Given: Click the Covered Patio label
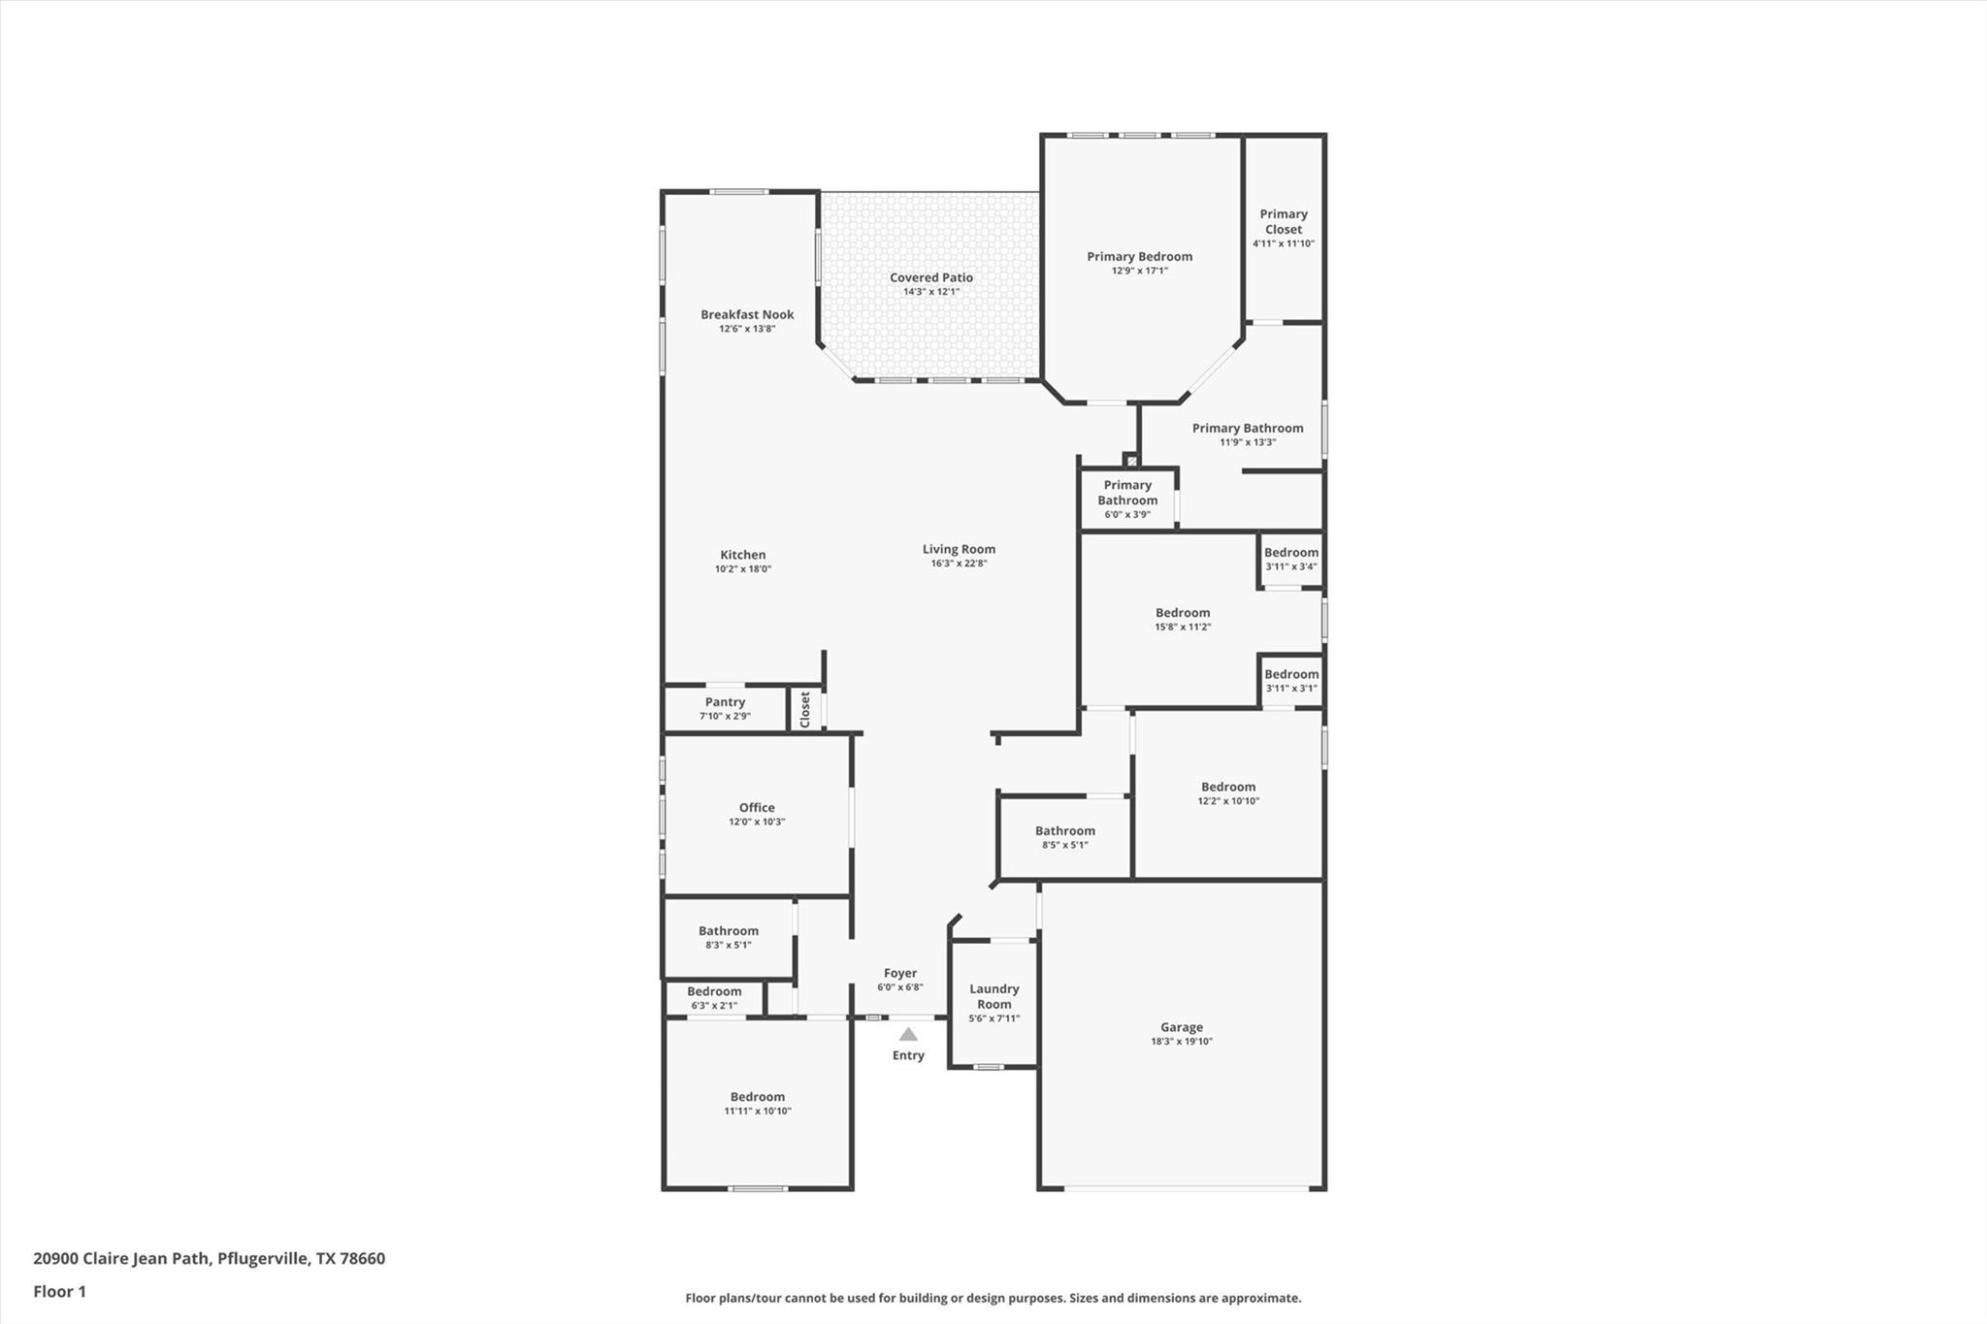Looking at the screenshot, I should tap(930, 277).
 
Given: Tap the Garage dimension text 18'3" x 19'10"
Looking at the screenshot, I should tap(1181, 1042).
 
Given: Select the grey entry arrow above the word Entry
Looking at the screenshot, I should tap(908, 1035).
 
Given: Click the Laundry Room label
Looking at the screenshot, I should tap(993, 996).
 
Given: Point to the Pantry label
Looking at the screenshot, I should tap(725, 702).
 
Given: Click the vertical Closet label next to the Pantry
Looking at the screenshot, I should tap(804, 709).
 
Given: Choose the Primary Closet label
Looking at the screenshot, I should tap(1283, 221).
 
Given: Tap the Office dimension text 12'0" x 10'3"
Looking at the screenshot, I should tap(757, 822).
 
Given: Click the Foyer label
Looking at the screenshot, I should tap(899, 973).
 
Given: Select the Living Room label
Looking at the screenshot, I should tap(959, 549).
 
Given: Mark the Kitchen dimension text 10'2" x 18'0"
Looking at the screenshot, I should tap(742, 569).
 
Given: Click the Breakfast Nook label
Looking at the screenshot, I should tap(747, 314).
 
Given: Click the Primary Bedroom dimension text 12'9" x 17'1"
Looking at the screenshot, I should tap(1139, 271).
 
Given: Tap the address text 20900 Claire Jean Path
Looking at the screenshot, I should tap(121, 1258).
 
